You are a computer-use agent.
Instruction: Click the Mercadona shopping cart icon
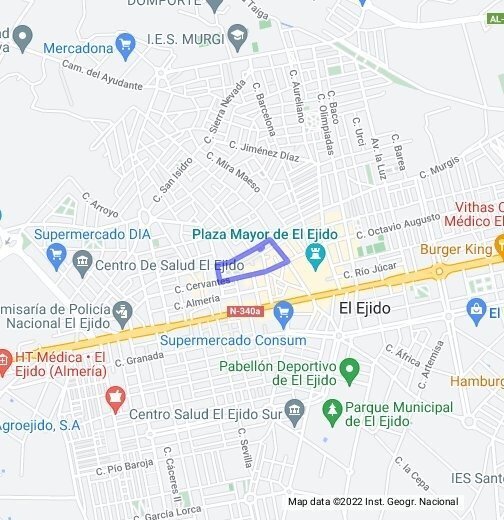click(x=125, y=45)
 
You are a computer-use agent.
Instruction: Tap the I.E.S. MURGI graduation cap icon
click(x=237, y=39)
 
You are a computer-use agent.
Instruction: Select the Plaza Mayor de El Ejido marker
click(x=316, y=257)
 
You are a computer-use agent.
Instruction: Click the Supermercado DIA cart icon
click(x=56, y=256)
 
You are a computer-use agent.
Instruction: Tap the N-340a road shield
click(x=244, y=311)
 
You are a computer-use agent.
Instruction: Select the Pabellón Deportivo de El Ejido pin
click(x=349, y=371)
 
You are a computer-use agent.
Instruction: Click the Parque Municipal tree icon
click(x=332, y=410)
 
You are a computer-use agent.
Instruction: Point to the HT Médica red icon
click(x=5, y=358)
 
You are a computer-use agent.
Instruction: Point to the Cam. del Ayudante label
click(x=102, y=75)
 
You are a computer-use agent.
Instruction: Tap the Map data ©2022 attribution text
click(x=372, y=502)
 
